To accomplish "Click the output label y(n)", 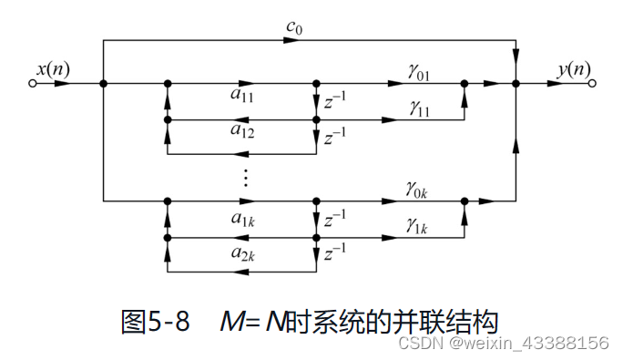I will pyautogui.click(x=572, y=69).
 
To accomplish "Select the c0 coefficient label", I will pyautogui.click(x=293, y=30).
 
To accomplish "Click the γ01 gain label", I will pyautogui.click(x=419, y=72).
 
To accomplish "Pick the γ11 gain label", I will pyautogui.click(x=419, y=108).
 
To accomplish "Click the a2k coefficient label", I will pyautogui.click(x=241, y=254).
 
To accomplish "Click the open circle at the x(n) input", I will pyautogui.click(x=34, y=83).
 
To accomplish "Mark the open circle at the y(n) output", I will pyautogui.click(x=592, y=83).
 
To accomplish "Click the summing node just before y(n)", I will pyautogui.click(x=516, y=83).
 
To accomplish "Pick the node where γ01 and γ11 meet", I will pyautogui.click(x=464, y=83).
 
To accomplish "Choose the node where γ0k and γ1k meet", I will pyautogui.click(x=464, y=200).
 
